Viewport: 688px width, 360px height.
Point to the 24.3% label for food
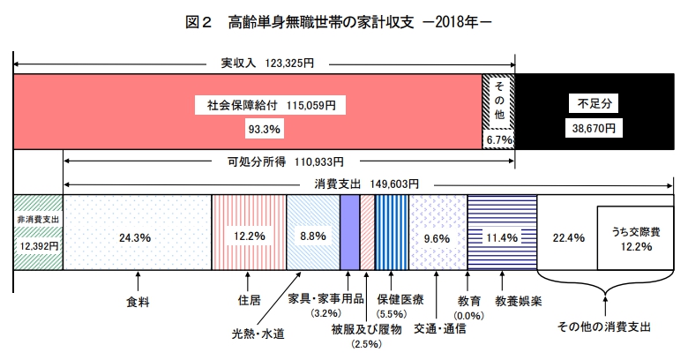click(x=137, y=236)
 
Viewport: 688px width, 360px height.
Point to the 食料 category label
click(x=137, y=300)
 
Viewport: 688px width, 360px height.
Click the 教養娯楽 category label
click(x=518, y=300)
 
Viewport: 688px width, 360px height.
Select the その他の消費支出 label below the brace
click(x=604, y=327)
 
